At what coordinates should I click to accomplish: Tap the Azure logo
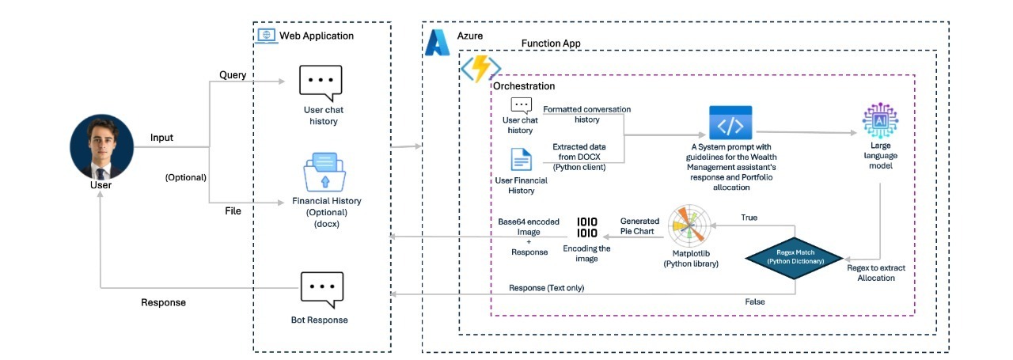(438, 42)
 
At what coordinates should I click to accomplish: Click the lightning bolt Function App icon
(480, 70)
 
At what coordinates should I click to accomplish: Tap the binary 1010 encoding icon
(586, 226)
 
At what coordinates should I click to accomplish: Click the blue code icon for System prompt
(730, 123)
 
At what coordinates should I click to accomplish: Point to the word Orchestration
(524, 85)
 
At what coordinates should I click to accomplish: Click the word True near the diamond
(749, 217)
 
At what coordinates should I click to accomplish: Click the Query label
(233, 75)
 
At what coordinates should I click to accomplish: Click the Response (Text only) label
(546, 288)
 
